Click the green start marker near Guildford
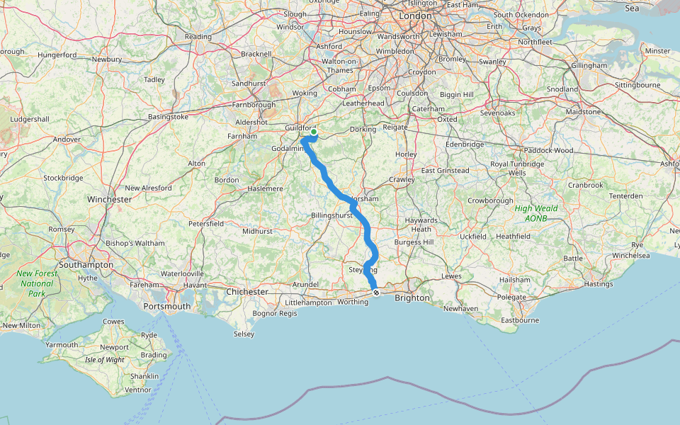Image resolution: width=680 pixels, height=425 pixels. (x=314, y=132)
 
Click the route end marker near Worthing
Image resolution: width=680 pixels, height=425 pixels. (x=376, y=293)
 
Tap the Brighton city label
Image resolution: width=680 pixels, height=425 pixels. (x=412, y=298)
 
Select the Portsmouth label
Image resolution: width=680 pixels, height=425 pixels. (x=166, y=306)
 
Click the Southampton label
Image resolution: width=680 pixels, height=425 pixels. (x=86, y=264)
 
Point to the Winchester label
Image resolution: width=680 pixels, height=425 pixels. (x=110, y=200)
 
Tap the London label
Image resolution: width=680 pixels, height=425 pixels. (x=415, y=16)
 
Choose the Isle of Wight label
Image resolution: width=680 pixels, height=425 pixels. (x=104, y=360)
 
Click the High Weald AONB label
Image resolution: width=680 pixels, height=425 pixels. (x=535, y=213)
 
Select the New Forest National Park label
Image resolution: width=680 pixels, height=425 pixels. (x=35, y=283)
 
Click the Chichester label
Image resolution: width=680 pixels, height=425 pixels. (x=247, y=292)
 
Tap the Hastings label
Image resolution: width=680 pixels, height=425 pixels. (x=599, y=284)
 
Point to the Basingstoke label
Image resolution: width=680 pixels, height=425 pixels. (x=168, y=116)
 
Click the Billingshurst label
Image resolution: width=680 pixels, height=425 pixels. (x=332, y=215)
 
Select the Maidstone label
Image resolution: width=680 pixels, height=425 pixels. (x=582, y=112)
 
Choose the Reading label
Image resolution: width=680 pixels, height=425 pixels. (x=198, y=37)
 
